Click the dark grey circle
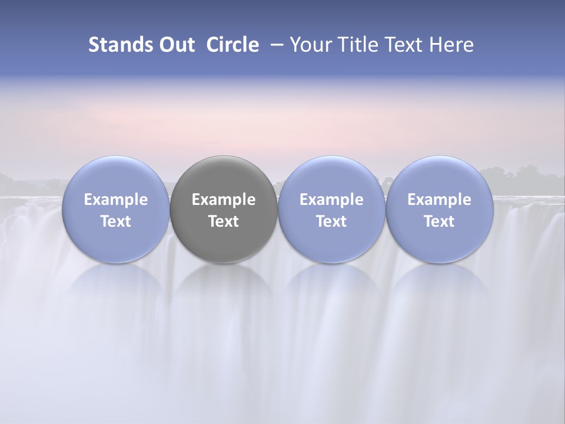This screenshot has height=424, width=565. tap(224, 177)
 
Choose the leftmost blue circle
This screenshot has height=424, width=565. tap(116, 177)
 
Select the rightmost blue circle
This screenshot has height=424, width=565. tap(439, 177)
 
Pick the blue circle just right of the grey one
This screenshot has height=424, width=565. tap(331, 177)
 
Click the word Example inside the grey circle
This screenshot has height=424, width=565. tap(224, 200)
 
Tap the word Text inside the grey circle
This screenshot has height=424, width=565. tap(224, 221)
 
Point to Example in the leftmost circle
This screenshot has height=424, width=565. tap(116, 200)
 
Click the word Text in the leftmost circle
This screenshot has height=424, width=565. tap(116, 221)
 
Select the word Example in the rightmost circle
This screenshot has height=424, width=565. tap(439, 200)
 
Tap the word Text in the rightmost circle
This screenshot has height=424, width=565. tap(439, 221)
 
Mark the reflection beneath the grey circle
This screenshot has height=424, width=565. tap(224, 289)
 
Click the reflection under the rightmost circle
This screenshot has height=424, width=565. tap(439, 289)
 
